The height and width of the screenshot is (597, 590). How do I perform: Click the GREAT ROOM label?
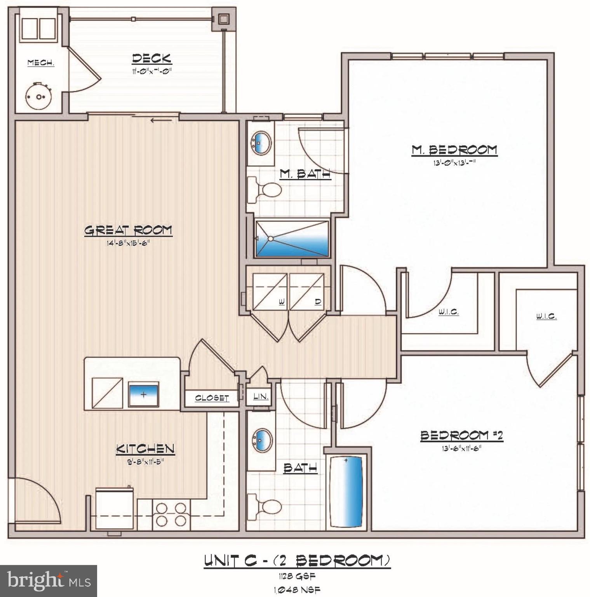pos(128,230)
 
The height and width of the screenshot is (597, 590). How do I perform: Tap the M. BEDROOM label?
pos(454,150)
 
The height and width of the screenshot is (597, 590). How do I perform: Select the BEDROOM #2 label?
pos(461,435)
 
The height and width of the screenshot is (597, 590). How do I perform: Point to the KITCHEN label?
pos(145,449)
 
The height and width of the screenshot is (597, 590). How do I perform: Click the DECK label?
pos(151,59)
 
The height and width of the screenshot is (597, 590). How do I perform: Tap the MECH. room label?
pos(41,63)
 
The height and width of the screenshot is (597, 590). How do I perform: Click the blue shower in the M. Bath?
pos(292,239)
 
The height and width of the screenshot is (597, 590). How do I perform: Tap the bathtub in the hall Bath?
pos(346,491)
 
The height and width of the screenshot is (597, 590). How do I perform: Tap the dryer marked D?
pos(307,292)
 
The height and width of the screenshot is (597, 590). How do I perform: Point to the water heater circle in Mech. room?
pos(38,97)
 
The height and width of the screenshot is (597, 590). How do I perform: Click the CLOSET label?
pos(212,398)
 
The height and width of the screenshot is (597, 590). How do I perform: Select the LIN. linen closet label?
pos(261,396)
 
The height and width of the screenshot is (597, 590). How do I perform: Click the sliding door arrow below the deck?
pos(161,120)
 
